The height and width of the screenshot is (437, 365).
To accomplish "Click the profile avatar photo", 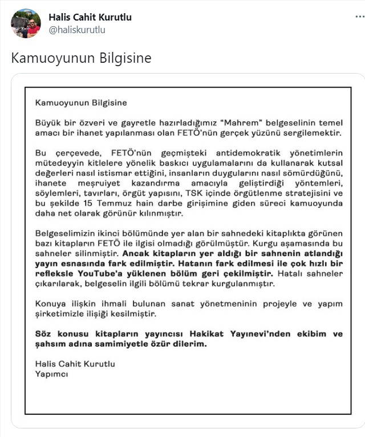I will [x=26, y=23].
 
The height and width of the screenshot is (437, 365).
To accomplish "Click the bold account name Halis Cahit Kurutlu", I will [x=90, y=17].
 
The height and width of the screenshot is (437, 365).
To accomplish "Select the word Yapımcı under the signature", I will [x=52, y=374].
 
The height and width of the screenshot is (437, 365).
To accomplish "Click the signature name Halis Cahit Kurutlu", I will [x=75, y=364].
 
